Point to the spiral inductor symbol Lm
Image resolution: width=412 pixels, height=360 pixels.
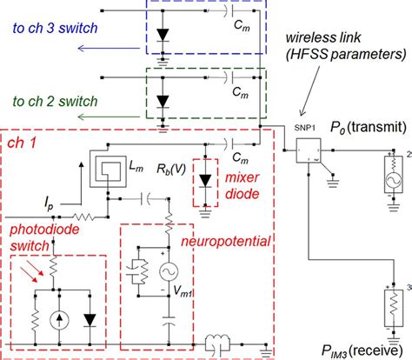point(108,164)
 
